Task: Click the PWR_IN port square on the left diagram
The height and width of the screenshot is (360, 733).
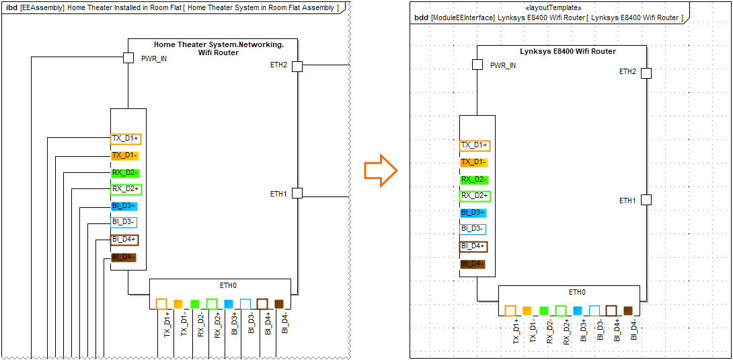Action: (x=128, y=58)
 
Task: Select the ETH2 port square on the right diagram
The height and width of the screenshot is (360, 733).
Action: (x=646, y=73)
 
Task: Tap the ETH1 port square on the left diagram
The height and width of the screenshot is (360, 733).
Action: (x=297, y=193)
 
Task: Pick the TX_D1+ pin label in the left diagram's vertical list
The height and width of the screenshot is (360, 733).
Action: (x=126, y=139)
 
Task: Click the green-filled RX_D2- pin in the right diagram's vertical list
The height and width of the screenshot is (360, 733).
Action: (x=475, y=180)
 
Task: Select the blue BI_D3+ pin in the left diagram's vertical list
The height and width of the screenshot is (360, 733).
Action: (x=124, y=206)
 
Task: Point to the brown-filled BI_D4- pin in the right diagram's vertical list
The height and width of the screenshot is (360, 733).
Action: (x=473, y=264)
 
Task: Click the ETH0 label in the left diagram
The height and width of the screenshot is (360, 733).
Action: (x=229, y=285)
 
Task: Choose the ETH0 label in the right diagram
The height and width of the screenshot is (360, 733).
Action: (x=577, y=292)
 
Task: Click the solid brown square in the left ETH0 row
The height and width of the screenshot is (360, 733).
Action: (x=279, y=304)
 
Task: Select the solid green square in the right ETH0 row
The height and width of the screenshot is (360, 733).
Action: (x=544, y=311)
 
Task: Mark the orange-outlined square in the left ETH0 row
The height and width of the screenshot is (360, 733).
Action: (x=161, y=304)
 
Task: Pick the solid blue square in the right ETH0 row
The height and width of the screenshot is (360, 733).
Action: (x=578, y=311)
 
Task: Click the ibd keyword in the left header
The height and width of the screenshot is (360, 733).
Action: (x=11, y=7)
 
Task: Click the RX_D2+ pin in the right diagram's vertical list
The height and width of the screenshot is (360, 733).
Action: (x=475, y=196)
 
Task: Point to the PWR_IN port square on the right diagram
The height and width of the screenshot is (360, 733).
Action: (x=477, y=65)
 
